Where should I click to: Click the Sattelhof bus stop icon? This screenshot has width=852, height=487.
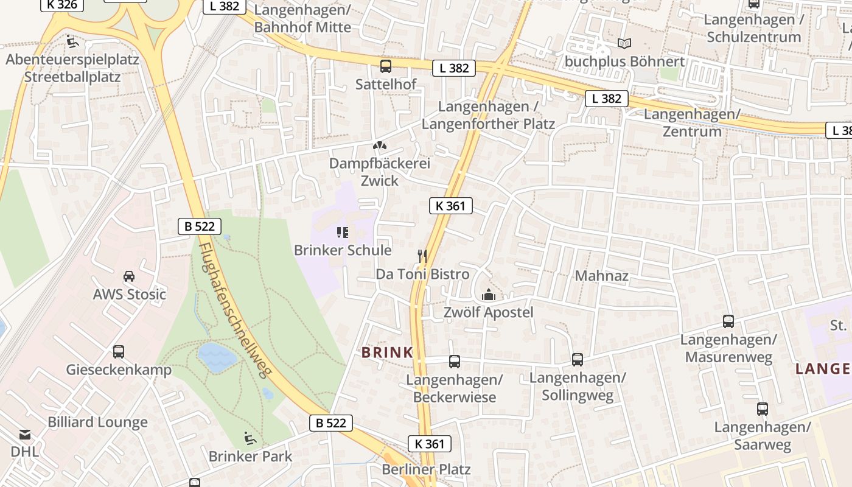click(386, 66)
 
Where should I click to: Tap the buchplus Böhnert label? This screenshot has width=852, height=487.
click(624, 61)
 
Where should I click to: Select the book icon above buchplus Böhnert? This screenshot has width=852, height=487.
click(624, 43)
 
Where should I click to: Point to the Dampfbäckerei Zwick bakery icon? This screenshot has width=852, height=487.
click(380, 146)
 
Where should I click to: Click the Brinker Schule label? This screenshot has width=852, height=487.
click(343, 250)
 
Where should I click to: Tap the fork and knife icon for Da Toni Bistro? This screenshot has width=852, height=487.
click(423, 256)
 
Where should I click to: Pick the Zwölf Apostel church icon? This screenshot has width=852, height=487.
click(488, 295)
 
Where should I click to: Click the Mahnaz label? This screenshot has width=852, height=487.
click(601, 276)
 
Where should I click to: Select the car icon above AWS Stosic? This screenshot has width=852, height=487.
click(129, 276)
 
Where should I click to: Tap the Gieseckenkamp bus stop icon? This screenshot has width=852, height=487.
click(119, 352)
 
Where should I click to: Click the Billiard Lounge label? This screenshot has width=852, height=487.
click(97, 422)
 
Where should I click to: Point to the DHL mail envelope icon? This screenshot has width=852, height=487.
click(24, 435)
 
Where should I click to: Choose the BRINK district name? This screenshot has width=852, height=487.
click(387, 352)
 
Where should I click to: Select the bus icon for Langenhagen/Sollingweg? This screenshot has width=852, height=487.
click(578, 360)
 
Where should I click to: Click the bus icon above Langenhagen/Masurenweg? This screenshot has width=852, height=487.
click(728, 321)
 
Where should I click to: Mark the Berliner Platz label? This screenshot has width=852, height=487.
click(426, 469)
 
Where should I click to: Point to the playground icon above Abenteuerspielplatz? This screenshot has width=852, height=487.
click(72, 42)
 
